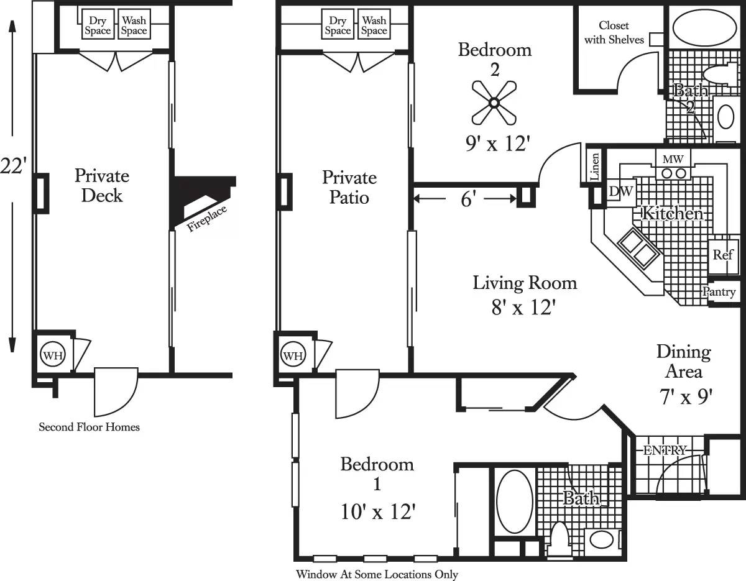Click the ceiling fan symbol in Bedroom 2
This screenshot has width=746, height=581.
click(494, 101)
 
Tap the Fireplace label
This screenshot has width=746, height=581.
click(207, 217)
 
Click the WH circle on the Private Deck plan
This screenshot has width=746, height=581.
click(52, 355)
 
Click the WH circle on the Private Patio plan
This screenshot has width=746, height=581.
click(293, 355)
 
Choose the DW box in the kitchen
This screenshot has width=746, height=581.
click(620, 192)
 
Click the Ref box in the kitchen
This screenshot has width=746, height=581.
click(723, 255)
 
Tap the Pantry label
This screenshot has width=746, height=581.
click(719, 292)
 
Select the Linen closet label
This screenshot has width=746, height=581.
click(595, 167)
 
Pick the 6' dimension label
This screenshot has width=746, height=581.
click(469, 199)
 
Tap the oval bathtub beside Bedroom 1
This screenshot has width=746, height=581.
click(514, 501)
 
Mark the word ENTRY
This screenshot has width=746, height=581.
click(665, 450)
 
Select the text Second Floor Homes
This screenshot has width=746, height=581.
click(89, 427)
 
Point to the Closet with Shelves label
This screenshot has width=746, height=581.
click(614, 32)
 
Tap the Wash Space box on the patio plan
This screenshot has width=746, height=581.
click(374, 25)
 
